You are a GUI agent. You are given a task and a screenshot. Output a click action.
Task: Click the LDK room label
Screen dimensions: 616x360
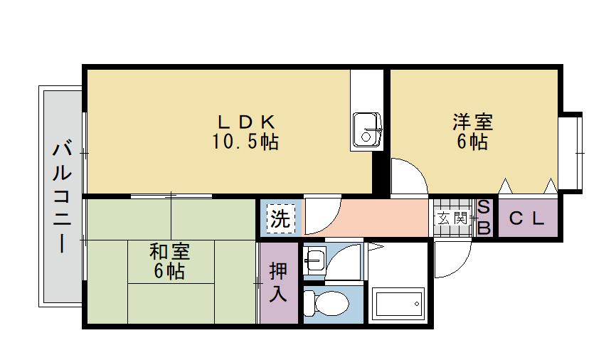coord(246,122)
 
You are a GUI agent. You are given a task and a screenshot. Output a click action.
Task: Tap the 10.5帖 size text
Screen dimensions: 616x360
coord(245,142)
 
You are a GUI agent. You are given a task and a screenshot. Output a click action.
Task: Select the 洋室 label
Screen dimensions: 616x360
coord(472,122)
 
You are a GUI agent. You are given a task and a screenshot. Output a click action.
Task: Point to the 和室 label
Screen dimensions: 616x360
coord(170,252)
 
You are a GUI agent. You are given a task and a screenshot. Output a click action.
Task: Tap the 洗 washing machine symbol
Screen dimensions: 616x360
coord(280,218)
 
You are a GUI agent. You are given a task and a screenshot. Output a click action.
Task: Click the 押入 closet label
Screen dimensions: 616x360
coord(278,282)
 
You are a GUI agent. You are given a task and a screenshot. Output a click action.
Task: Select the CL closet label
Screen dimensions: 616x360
coord(528,218)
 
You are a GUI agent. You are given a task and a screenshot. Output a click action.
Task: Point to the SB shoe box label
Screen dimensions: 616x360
coord(484,217)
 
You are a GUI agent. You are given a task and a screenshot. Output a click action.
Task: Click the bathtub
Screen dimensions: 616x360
coord(398,304)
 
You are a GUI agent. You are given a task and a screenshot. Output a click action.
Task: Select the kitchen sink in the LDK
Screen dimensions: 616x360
coord(366,129)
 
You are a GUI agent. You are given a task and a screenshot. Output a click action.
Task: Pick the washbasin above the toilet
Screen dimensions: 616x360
coord(315,260)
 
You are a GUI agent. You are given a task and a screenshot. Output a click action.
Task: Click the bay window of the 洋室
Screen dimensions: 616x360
coord(570,152)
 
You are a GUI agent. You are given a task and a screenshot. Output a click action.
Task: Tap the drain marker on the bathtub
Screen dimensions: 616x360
coord(416,303)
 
